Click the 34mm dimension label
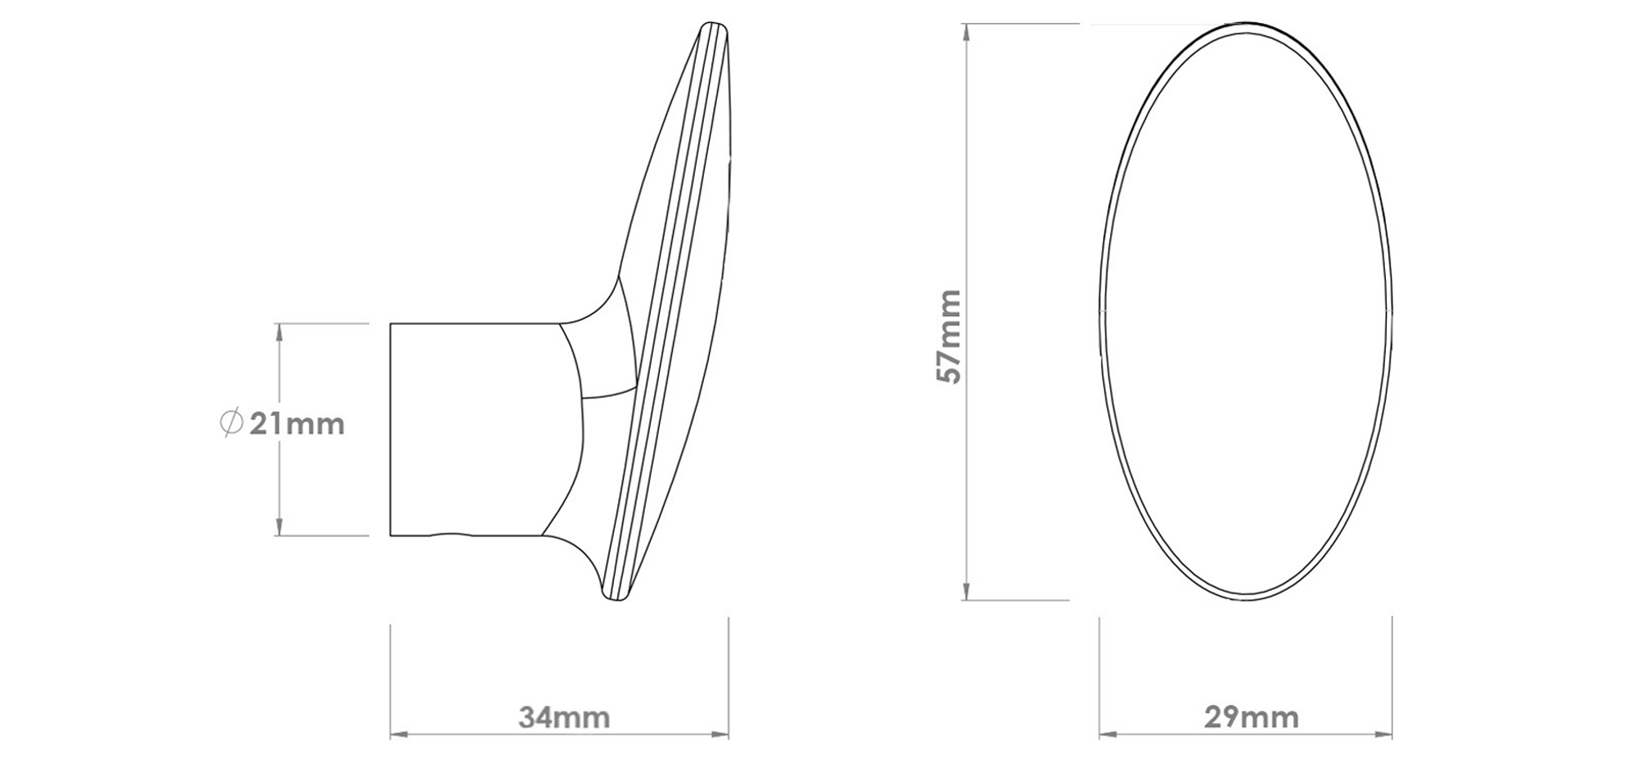[564, 717]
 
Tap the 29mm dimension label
[1251, 717]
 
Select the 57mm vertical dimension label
[950, 336]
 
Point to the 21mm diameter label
[296, 424]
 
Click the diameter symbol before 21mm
[232, 423]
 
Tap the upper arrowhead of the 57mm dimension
[967, 30]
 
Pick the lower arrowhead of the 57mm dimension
[967, 593]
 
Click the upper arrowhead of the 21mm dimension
[279, 330]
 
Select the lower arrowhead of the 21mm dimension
[279, 529]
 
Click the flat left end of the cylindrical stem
[390, 430]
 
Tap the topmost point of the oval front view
[1245, 24]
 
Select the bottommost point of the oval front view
[1245, 600]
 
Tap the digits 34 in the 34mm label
[537, 717]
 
